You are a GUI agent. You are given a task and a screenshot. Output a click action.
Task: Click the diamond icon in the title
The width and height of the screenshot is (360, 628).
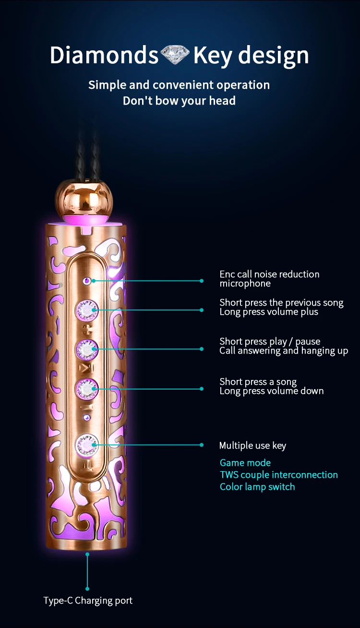[175, 55]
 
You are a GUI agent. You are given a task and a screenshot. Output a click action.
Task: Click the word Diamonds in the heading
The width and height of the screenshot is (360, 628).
[104, 55]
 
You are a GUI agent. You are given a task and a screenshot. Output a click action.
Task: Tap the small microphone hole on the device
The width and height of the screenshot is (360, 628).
[86, 280]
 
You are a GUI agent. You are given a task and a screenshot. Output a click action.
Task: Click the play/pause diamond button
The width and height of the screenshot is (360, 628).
[86, 349]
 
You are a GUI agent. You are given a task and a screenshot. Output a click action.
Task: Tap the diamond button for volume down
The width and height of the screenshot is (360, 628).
[86, 389]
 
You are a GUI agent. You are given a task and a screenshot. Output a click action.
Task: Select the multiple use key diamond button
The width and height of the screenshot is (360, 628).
[86, 445]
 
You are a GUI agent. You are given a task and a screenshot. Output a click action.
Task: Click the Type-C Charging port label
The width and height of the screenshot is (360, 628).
[88, 600]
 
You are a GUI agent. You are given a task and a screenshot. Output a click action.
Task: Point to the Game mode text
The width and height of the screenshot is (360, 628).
[245, 462]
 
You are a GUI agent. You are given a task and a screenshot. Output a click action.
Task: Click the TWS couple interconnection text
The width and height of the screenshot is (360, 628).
[279, 474]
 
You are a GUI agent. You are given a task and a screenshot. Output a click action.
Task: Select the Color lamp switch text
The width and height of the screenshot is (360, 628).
[257, 486]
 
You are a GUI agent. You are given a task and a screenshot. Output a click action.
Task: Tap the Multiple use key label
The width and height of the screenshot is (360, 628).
[252, 445]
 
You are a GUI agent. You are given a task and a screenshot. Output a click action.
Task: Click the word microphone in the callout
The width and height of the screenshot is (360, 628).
[245, 284]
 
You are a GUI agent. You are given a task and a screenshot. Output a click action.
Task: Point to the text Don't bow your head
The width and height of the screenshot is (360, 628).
[179, 101]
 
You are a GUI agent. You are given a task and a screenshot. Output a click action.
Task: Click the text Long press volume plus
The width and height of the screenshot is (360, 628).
[269, 312]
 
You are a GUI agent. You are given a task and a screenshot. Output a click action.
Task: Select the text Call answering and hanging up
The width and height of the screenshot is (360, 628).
[284, 351]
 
